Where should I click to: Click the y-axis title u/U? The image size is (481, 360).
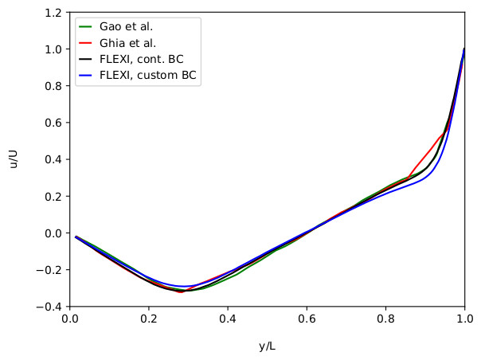14,159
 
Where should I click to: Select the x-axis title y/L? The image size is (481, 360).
267,346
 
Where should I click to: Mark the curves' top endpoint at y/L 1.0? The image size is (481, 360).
464,49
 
